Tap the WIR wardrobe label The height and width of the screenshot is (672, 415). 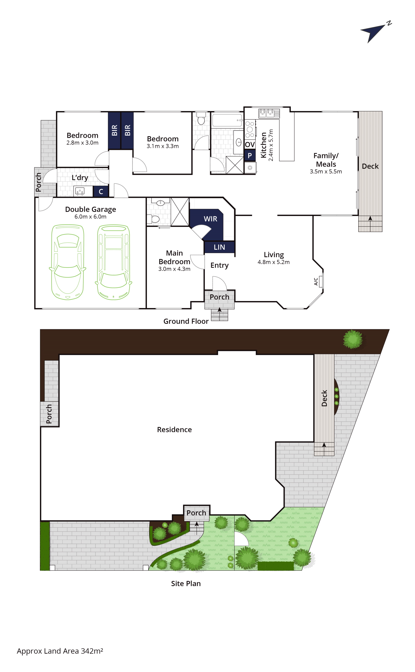pyautogui.click(x=210, y=219)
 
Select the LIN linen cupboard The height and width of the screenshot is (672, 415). pyautogui.click(x=219, y=247)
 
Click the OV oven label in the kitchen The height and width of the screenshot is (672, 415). pyautogui.click(x=250, y=144)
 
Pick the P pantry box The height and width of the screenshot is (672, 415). pyautogui.click(x=250, y=156)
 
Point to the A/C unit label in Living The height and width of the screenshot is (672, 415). pyautogui.click(x=316, y=281)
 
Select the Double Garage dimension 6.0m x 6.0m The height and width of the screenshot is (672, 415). pyautogui.click(x=90, y=217)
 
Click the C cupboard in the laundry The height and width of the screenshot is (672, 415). pyautogui.click(x=101, y=191)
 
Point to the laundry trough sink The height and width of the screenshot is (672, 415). pyautogui.click(x=80, y=191)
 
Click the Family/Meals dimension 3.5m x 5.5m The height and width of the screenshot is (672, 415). pyautogui.click(x=326, y=172)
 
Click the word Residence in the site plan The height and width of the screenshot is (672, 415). pyautogui.click(x=174, y=430)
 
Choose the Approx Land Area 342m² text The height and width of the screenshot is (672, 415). pyautogui.click(x=60, y=651)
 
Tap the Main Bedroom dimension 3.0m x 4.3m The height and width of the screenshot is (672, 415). pyautogui.click(x=174, y=269)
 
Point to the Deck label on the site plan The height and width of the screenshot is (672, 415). pyautogui.click(x=324, y=398)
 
